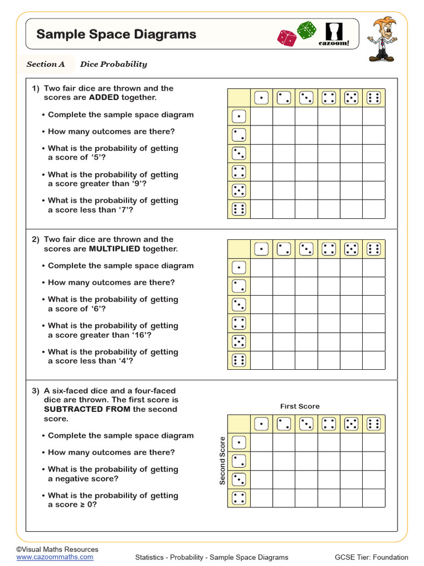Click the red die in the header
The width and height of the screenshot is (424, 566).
point(287,38)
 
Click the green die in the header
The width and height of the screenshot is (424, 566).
point(306,30)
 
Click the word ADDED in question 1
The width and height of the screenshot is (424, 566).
point(104,97)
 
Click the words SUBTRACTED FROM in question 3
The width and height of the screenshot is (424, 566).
point(87,409)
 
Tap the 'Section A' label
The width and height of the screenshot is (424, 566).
point(46,64)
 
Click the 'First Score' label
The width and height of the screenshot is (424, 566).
point(300,406)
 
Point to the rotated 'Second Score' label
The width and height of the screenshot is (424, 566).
point(222,461)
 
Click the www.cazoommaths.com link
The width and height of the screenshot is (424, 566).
point(55,557)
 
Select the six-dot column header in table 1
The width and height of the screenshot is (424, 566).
point(374,98)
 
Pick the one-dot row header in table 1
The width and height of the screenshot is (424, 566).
point(239,117)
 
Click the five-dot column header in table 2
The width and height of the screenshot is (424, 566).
point(351,249)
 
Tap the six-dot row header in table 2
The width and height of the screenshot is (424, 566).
point(239,360)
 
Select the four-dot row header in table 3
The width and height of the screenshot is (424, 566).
point(239,498)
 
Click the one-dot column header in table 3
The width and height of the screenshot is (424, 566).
point(261,424)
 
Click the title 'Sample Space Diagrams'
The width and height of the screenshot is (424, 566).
point(116,34)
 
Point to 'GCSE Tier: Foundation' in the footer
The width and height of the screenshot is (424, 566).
point(372,557)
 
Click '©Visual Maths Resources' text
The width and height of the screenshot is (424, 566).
point(57,549)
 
